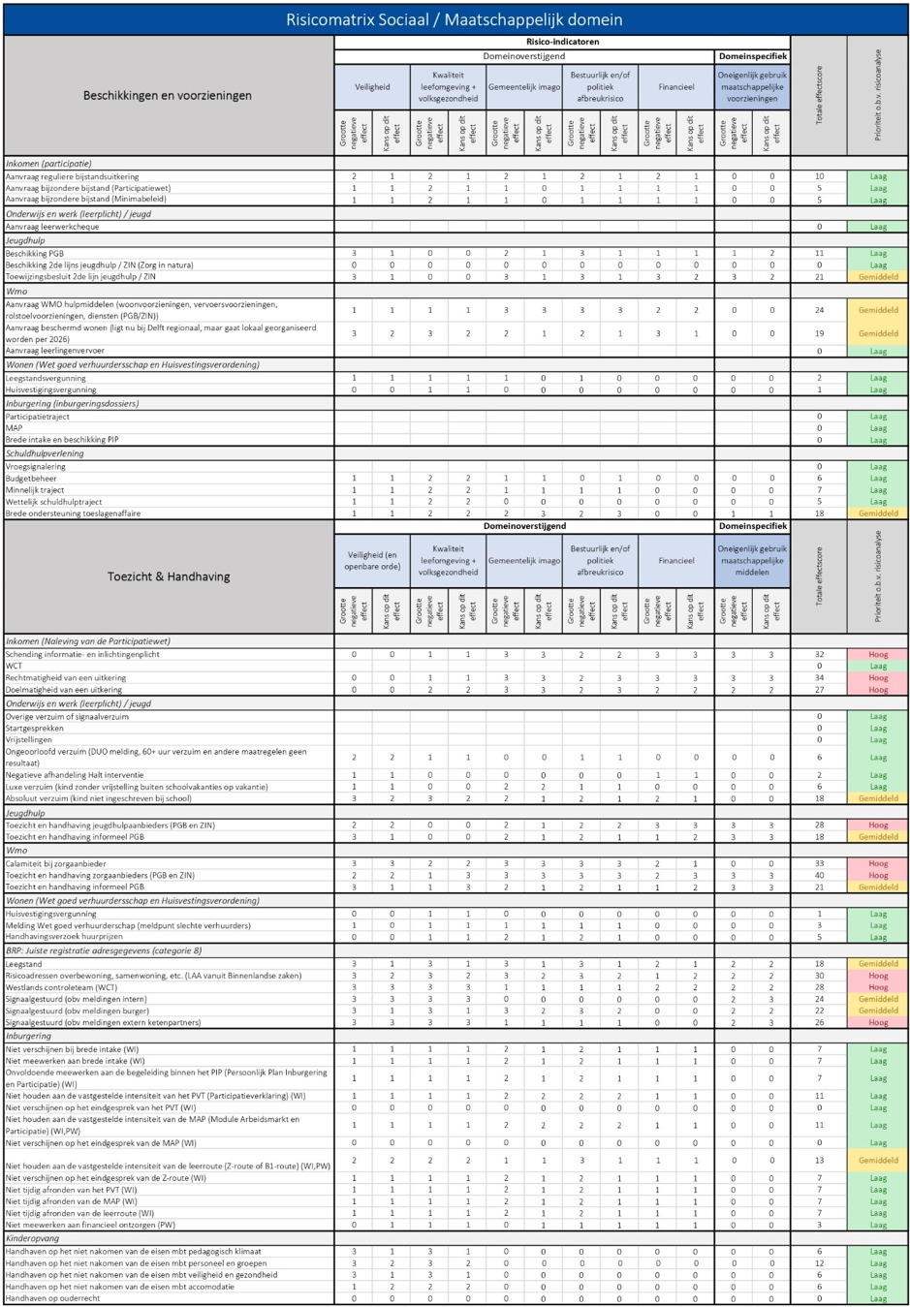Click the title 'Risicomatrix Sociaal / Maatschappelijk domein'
pos(455,19)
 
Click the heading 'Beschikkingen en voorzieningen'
pos(167,95)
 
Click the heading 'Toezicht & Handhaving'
pos(169,576)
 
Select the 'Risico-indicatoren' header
pos(562,42)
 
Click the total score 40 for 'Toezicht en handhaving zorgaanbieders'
pos(819,875)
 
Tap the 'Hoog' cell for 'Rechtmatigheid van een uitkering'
pos(877,678)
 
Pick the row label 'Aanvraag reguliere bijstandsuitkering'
pos(72,176)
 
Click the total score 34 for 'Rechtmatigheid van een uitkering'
pos(819,678)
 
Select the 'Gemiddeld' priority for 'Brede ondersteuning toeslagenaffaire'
pos(877,513)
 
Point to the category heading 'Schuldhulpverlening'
pos(45,453)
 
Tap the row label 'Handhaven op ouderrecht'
pos(52,1298)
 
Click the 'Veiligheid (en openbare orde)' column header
pos(372,560)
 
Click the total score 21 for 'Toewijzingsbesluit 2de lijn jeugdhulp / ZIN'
pos(819,276)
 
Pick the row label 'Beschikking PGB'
pos(35,253)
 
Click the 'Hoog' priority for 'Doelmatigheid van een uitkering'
pos(877,690)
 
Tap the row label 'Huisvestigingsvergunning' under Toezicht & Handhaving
pos(51,914)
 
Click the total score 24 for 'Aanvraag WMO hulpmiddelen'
pos(819,310)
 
